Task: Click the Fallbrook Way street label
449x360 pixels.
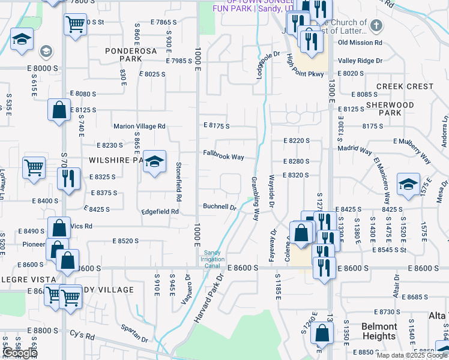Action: [223, 157]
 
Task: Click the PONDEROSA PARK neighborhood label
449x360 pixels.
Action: [131, 55]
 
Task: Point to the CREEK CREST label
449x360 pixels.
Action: [405, 86]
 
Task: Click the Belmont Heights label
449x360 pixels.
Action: [379, 331]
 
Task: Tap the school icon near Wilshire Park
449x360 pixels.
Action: [154, 161]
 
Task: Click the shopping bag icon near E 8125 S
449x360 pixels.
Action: [59, 110]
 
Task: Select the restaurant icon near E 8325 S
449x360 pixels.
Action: [66, 178]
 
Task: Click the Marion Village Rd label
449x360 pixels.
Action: [139, 127]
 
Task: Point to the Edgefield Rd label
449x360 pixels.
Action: [160, 212]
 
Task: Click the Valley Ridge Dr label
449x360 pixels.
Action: [360, 61]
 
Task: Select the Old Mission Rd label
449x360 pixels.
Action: [360, 43]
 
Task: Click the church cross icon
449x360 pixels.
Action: [376, 26]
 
